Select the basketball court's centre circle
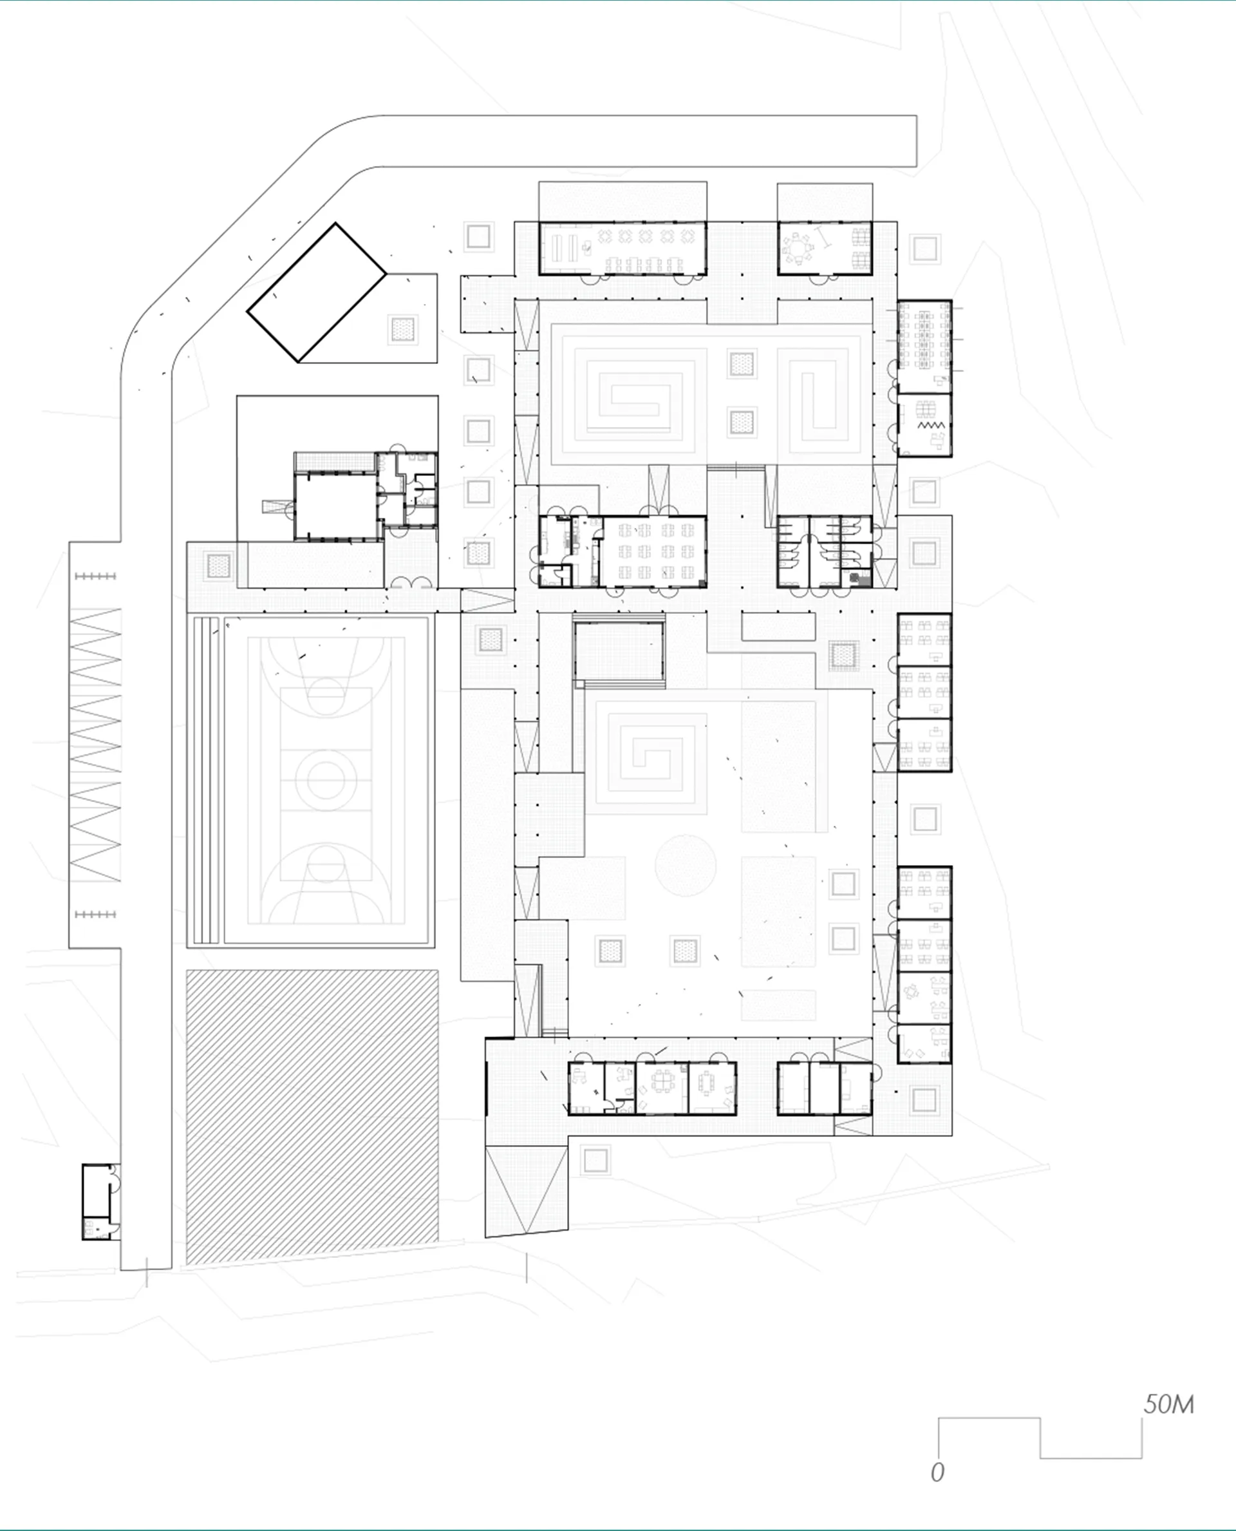pyautogui.click(x=326, y=780)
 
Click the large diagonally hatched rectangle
pyautogui.click(x=312, y=1116)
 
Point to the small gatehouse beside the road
pyautogui.click(x=99, y=1201)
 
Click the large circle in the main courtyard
pyautogui.click(x=685, y=866)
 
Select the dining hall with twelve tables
pyautogui.click(x=654, y=551)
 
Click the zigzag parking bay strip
pyautogui.click(x=95, y=745)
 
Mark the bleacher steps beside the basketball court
pyautogui.click(x=207, y=780)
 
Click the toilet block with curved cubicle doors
pyautogui.click(x=823, y=551)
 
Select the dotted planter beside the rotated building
pyautogui.click(x=402, y=329)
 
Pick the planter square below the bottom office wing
pyautogui.click(x=595, y=1161)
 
